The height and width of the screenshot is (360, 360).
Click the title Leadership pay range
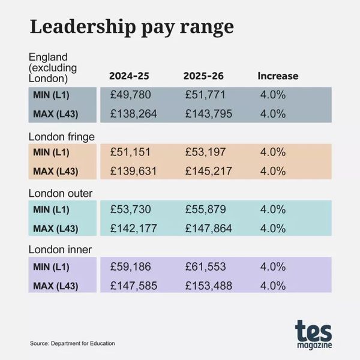[131, 27]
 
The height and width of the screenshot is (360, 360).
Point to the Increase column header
[278, 76]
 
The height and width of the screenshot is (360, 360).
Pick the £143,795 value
[208, 113]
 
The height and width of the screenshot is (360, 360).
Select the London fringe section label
[62, 136]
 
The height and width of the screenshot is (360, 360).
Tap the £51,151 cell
[130, 152]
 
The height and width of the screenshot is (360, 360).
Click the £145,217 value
[208, 171]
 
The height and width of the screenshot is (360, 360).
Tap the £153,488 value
[208, 285]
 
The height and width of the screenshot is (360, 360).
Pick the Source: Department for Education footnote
[72, 343]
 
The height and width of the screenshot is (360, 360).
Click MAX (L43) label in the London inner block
[56, 285]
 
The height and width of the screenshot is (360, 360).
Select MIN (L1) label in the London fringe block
[52, 152]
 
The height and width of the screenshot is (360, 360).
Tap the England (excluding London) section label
[50, 67]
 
